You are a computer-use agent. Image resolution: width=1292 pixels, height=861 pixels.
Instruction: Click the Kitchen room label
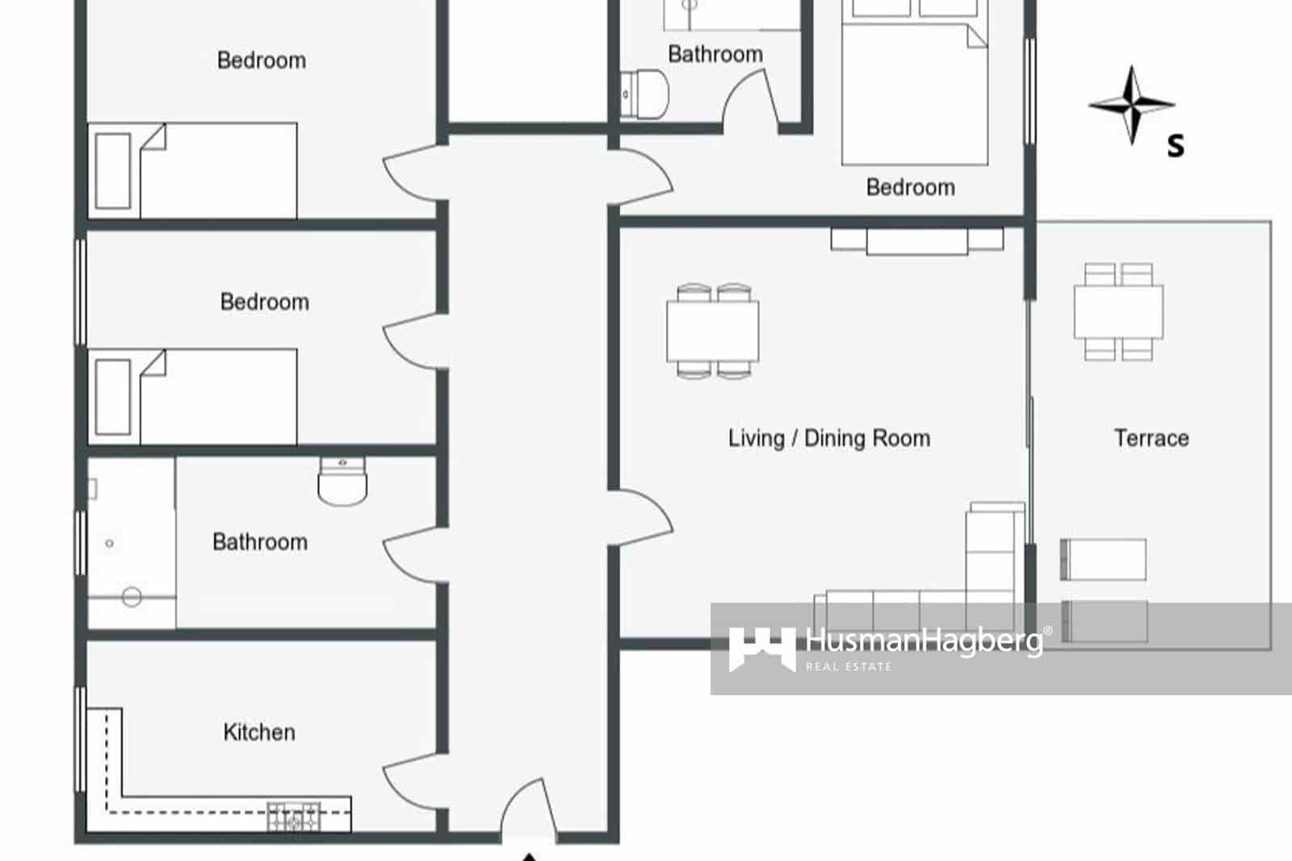tap(258, 732)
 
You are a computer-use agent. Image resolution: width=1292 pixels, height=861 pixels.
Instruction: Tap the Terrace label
tap(1151, 438)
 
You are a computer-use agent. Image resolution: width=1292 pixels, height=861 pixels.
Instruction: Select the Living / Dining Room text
tap(828, 438)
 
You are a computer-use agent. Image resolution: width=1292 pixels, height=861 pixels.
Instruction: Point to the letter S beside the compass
tap(1176, 146)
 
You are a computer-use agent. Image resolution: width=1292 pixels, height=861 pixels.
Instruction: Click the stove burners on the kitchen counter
tap(294, 817)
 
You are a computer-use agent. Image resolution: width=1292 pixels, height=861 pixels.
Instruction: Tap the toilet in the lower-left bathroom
tap(342, 481)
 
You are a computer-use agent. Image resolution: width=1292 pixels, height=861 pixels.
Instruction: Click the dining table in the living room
tap(712, 331)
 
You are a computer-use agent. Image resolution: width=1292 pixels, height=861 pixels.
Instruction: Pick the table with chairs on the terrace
tap(1118, 312)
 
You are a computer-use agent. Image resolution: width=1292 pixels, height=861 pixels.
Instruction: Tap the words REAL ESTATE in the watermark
tap(848, 666)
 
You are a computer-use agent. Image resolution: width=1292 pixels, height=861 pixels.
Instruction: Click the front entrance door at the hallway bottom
tap(529, 808)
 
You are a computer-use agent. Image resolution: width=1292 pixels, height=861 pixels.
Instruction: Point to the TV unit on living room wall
tap(917, 241)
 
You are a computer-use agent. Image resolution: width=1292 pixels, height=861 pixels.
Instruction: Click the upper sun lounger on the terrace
tap(1103, 559)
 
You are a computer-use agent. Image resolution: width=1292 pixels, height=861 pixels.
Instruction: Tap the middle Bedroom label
tap(264, 301)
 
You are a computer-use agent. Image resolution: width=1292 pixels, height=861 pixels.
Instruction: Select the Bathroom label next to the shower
tap(259, 541)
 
